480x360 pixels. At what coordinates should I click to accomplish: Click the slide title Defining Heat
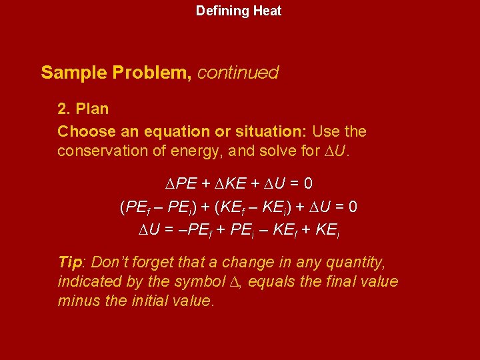(x=239, y=11)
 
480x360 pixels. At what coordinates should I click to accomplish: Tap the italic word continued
(x=238, y=73)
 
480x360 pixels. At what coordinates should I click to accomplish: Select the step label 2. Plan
(x=83, y=108)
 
